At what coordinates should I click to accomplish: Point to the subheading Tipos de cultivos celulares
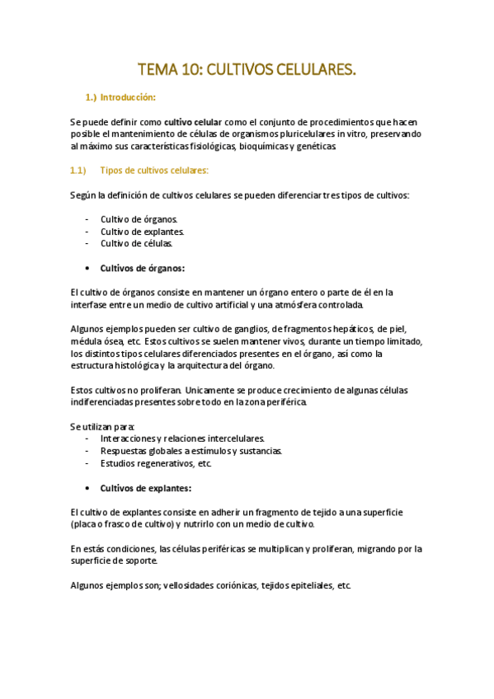click(x=154, y=171)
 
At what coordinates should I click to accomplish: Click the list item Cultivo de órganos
click(x=138, y=219)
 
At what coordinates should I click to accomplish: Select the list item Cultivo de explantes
click(x=142, y=232)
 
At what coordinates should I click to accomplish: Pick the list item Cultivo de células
click(x=136, y=243)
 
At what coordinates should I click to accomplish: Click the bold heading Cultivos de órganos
click(x=142, y=268)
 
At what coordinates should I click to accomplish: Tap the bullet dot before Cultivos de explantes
click(x=88, y=488)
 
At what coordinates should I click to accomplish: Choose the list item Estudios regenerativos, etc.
click(x=156, y=463)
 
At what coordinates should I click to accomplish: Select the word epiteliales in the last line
click(x=303, y=585)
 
